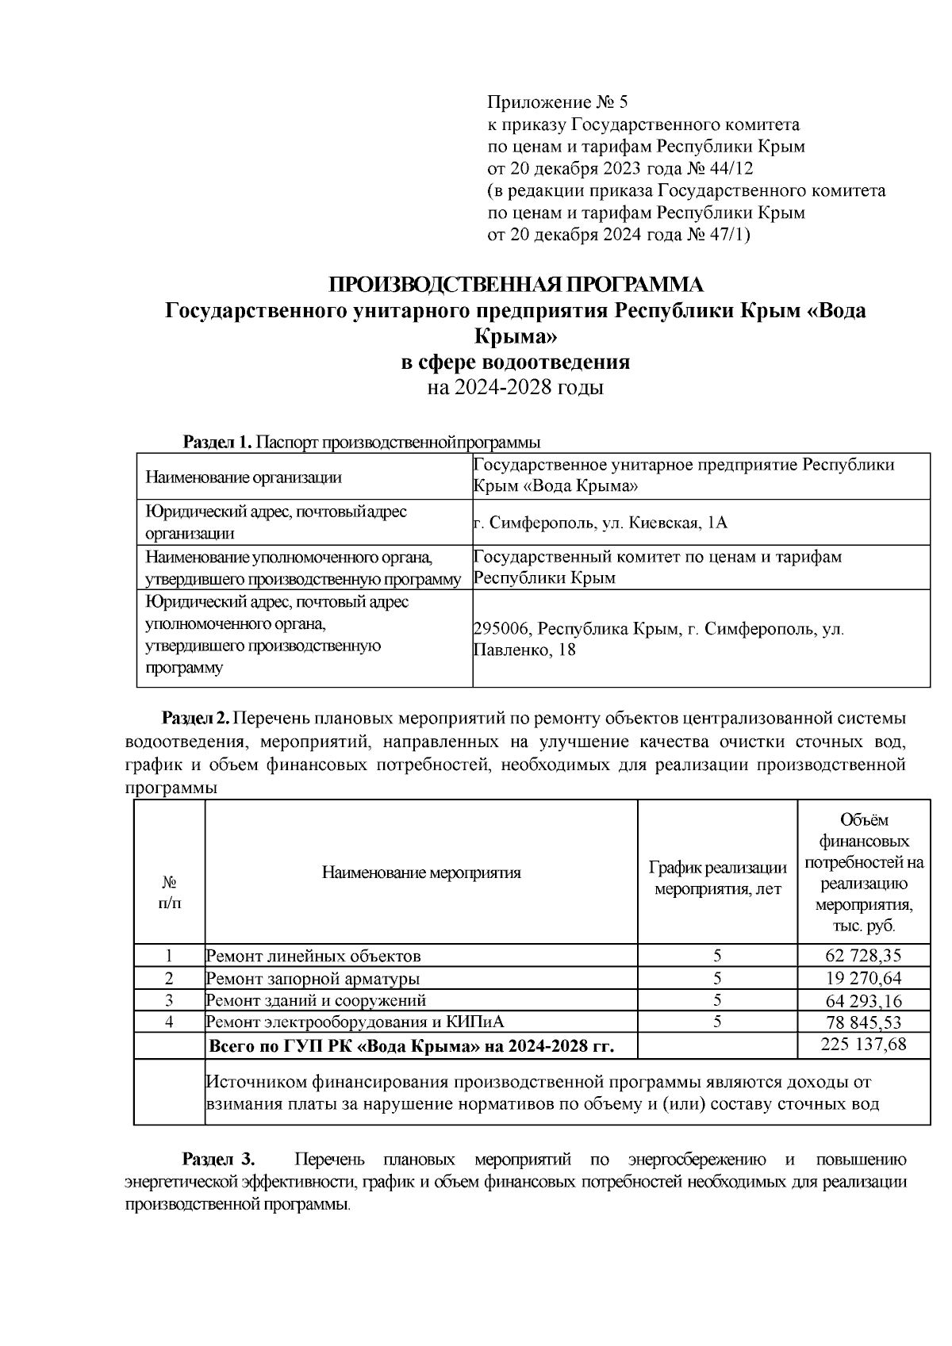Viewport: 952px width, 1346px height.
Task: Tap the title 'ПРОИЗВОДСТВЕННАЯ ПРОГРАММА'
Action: tap(516, 285)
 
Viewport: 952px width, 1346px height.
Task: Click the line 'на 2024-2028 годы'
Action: tap(516, 388)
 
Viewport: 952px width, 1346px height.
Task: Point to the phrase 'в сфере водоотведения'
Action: tap(516, 362)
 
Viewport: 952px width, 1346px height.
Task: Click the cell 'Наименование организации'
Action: tap(244, 477)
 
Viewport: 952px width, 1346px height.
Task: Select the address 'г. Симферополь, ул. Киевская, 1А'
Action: tap(600, 523)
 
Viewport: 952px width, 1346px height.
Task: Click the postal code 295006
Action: tap(501, 629)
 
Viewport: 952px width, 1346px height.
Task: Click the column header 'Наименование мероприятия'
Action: tap(421, 873)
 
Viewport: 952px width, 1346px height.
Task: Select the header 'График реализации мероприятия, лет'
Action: tap(717, 879)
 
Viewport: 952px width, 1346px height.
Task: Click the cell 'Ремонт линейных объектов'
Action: tap(313, 956)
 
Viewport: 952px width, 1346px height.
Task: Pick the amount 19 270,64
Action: tap(863, 978)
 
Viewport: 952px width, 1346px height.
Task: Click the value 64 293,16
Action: tap(863, 1000)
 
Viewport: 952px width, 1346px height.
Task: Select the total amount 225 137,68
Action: tap(863, 1045)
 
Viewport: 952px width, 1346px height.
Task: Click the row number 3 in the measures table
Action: tap(169, 1000)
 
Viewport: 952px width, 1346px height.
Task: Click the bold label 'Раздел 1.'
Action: tap(217, 442)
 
